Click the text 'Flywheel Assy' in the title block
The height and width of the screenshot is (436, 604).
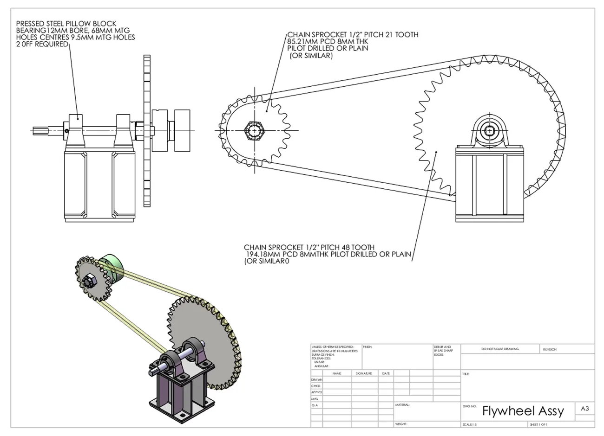523,411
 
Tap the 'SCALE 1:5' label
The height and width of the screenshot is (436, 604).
470,424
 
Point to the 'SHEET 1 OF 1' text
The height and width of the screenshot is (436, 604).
539,424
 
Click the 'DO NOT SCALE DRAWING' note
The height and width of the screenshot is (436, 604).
500,349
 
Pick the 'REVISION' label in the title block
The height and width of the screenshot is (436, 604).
550,349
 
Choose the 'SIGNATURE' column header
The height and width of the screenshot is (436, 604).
364,373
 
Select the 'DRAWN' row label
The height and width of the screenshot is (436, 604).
316,379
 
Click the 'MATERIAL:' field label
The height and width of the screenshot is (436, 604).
402,405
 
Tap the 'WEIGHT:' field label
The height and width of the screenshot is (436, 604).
401,424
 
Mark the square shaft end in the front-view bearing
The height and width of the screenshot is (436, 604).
490,131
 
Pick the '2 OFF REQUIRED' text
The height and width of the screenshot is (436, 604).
42,45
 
